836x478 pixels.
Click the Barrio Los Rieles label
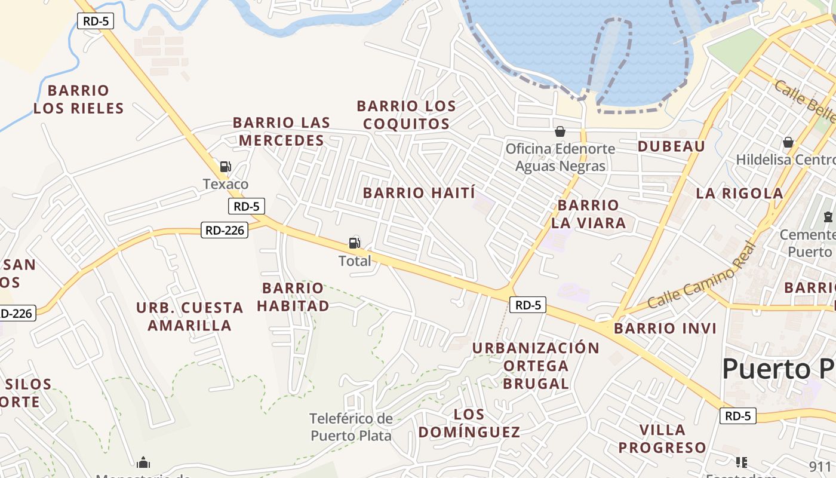coord(78,99)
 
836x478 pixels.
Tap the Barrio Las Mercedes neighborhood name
coord(281,131)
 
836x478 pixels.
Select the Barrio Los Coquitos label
coord(406,115)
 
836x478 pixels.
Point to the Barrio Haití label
coord(419,193)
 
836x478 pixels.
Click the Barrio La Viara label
coord(588,214)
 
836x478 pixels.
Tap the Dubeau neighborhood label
coord(671,146)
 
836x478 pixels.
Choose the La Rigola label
coord(739,193)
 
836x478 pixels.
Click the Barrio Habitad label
coord(293,297)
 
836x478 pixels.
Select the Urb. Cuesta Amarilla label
coord(190,317)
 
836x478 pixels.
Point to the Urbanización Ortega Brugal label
coord(536,365)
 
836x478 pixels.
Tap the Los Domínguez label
coord(469,423)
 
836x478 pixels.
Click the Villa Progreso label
coord(662,439)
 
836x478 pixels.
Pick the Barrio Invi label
coord(665,328)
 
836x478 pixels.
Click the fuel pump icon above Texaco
coord(225,167)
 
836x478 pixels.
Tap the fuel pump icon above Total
coord(355,243)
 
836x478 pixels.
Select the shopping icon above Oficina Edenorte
coord(560,131)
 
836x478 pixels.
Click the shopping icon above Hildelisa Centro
coord(788,142)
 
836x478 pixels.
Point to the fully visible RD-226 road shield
coord(225,229)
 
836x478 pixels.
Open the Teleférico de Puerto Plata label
coord(351,427)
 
